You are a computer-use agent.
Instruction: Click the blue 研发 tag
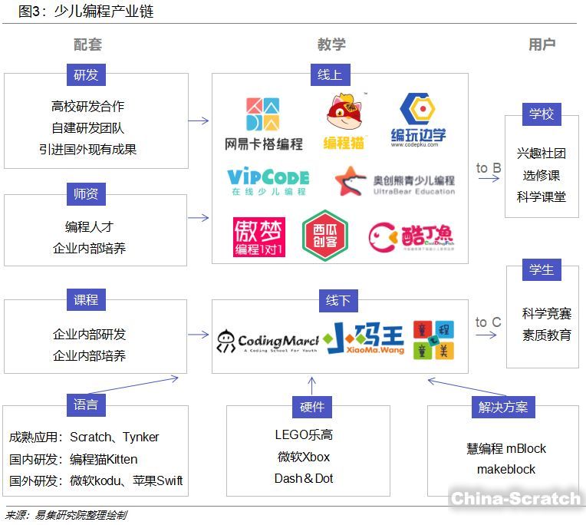pos(86,74)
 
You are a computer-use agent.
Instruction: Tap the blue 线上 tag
pos(330,74)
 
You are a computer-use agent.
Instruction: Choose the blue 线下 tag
pos(338,301)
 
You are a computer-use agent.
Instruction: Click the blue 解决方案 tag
pos(503,407)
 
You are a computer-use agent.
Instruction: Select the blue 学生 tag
pos(541,270)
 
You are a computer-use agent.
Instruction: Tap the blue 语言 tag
pos(86,404)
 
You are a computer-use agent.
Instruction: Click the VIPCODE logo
pos(268,182)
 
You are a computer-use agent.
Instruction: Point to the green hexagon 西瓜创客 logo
pos(324,234)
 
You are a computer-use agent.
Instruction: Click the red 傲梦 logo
pos(259,236)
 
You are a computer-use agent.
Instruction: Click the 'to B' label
pos(489,168)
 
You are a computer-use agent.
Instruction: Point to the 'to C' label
pos(489,322)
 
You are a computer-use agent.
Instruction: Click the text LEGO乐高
pos(304,434)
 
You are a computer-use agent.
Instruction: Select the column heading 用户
pos(542,45)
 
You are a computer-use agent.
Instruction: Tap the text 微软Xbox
pos(304,457)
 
